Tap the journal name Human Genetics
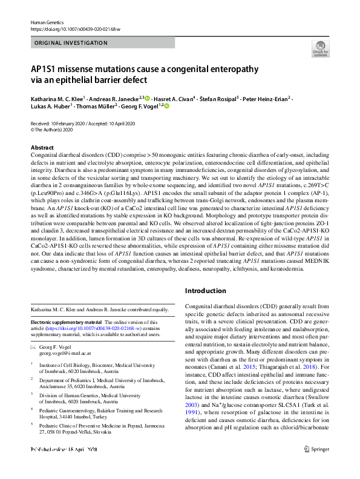(x=47, y=21)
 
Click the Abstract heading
(x=43, y=148)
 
